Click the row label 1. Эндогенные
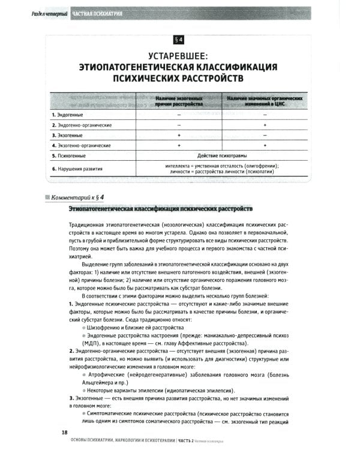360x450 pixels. (x=67, y=114)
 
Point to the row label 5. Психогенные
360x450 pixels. (x=69, y=155)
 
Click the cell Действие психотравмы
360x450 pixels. (x=221, y=155)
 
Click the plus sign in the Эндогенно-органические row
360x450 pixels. (x=265, y=125)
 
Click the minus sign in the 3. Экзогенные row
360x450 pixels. (x=265, y=135)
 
